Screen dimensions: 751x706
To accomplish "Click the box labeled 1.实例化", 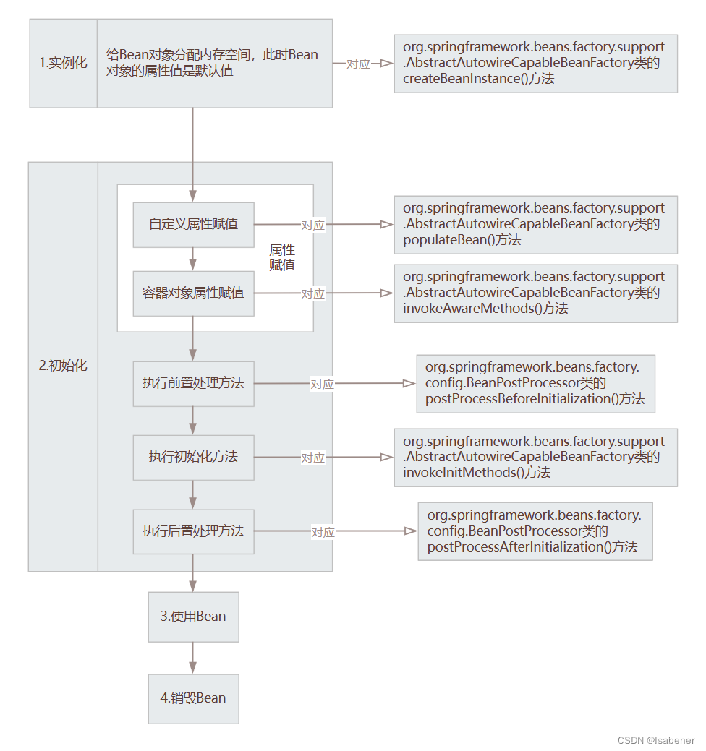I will tap(63, 64).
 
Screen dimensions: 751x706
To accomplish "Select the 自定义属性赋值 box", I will tap(193, 224).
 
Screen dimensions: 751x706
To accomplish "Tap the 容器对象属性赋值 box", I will tap(193, 293).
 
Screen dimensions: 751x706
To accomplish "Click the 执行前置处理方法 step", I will tap(193, 383).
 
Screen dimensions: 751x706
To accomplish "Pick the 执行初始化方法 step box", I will tap(193, 458).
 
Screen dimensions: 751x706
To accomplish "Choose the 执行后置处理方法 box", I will tap(193, 531).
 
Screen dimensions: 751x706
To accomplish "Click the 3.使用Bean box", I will tap(193, 617).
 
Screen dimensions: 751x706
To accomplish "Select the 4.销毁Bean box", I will tap(193, 698).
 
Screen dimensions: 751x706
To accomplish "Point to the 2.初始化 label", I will tap(63, 366).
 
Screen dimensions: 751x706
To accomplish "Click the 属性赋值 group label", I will tap(282, 257).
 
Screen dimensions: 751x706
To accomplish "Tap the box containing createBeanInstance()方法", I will tap(535, 63).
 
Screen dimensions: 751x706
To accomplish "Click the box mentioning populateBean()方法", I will tap(535, 224).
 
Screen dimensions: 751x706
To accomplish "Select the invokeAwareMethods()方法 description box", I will tap(535, 293).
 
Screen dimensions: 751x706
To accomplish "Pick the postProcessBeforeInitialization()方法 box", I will tap(535, 383).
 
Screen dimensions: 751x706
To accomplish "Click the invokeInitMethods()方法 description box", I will tap(535, 457).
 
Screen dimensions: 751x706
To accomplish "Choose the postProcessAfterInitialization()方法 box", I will tap(535, 531).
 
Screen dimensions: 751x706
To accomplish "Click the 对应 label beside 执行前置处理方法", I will tap(323, 385).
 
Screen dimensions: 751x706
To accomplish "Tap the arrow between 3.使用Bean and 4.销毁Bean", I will tap(193, 658).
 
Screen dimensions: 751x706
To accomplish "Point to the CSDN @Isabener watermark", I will tap(656, 740).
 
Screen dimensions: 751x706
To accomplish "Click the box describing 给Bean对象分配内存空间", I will tap(215, 64).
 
